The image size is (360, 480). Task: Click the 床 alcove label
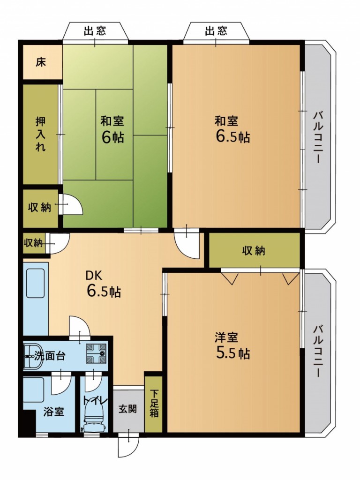point(41,62)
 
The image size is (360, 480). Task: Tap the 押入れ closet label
point(41,134)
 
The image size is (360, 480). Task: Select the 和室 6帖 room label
point(112,129)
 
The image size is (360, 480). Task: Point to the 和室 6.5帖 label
point(232,129)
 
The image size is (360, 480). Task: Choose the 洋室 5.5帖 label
point(232,345)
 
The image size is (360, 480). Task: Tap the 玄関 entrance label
point(127,409)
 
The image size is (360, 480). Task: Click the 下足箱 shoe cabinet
point(154,403)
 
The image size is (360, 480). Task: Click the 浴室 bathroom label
point(53,412)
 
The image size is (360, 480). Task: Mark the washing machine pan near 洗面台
point(96,354)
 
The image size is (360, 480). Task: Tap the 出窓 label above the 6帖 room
point(95,30)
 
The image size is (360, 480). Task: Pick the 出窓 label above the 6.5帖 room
point(216,30)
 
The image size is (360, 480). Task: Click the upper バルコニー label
point(318,138)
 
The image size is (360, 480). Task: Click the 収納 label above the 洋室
point(254,251)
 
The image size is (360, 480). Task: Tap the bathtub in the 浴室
point(34,390)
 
